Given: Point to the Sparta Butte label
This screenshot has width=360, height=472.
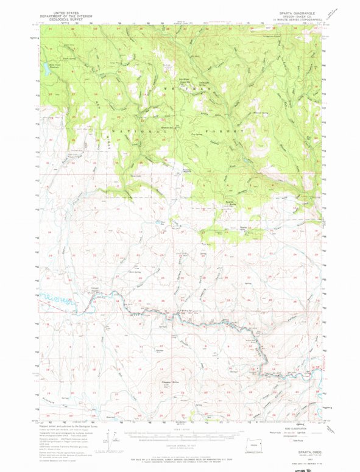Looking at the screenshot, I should tap(231, 203).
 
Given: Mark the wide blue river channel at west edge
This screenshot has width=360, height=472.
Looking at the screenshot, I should tap(57, 300).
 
